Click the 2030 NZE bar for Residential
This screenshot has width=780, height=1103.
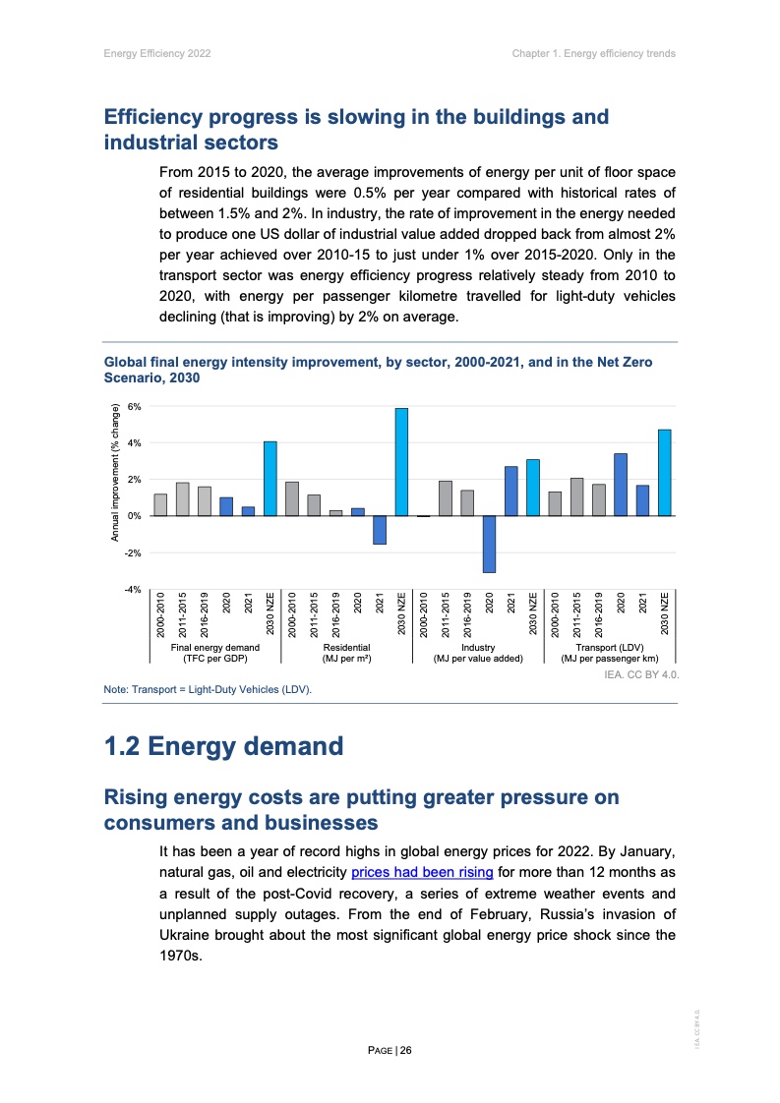(x=401, y=462)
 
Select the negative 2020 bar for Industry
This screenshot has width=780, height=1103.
(x=489, y=544)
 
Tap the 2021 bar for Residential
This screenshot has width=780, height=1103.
(x=380, y=530)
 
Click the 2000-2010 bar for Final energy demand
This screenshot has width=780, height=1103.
(x=160, y=504)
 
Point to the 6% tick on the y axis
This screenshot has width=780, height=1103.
(x=135, y=406)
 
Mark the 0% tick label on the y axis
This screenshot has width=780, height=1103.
(x=135, y=516)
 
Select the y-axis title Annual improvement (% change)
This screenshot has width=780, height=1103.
(x=114, y=472)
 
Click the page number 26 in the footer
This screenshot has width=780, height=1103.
(x=405, y=1050)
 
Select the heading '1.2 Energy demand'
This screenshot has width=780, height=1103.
(x=224, y=746)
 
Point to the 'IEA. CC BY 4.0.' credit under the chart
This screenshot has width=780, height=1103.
(x=641, y=675)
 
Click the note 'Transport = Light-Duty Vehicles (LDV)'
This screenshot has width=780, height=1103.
(x=208, y=690)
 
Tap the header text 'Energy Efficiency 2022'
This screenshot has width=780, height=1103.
(x=157, y=53)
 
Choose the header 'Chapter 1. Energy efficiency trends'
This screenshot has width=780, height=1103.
(x=593, y=53)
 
